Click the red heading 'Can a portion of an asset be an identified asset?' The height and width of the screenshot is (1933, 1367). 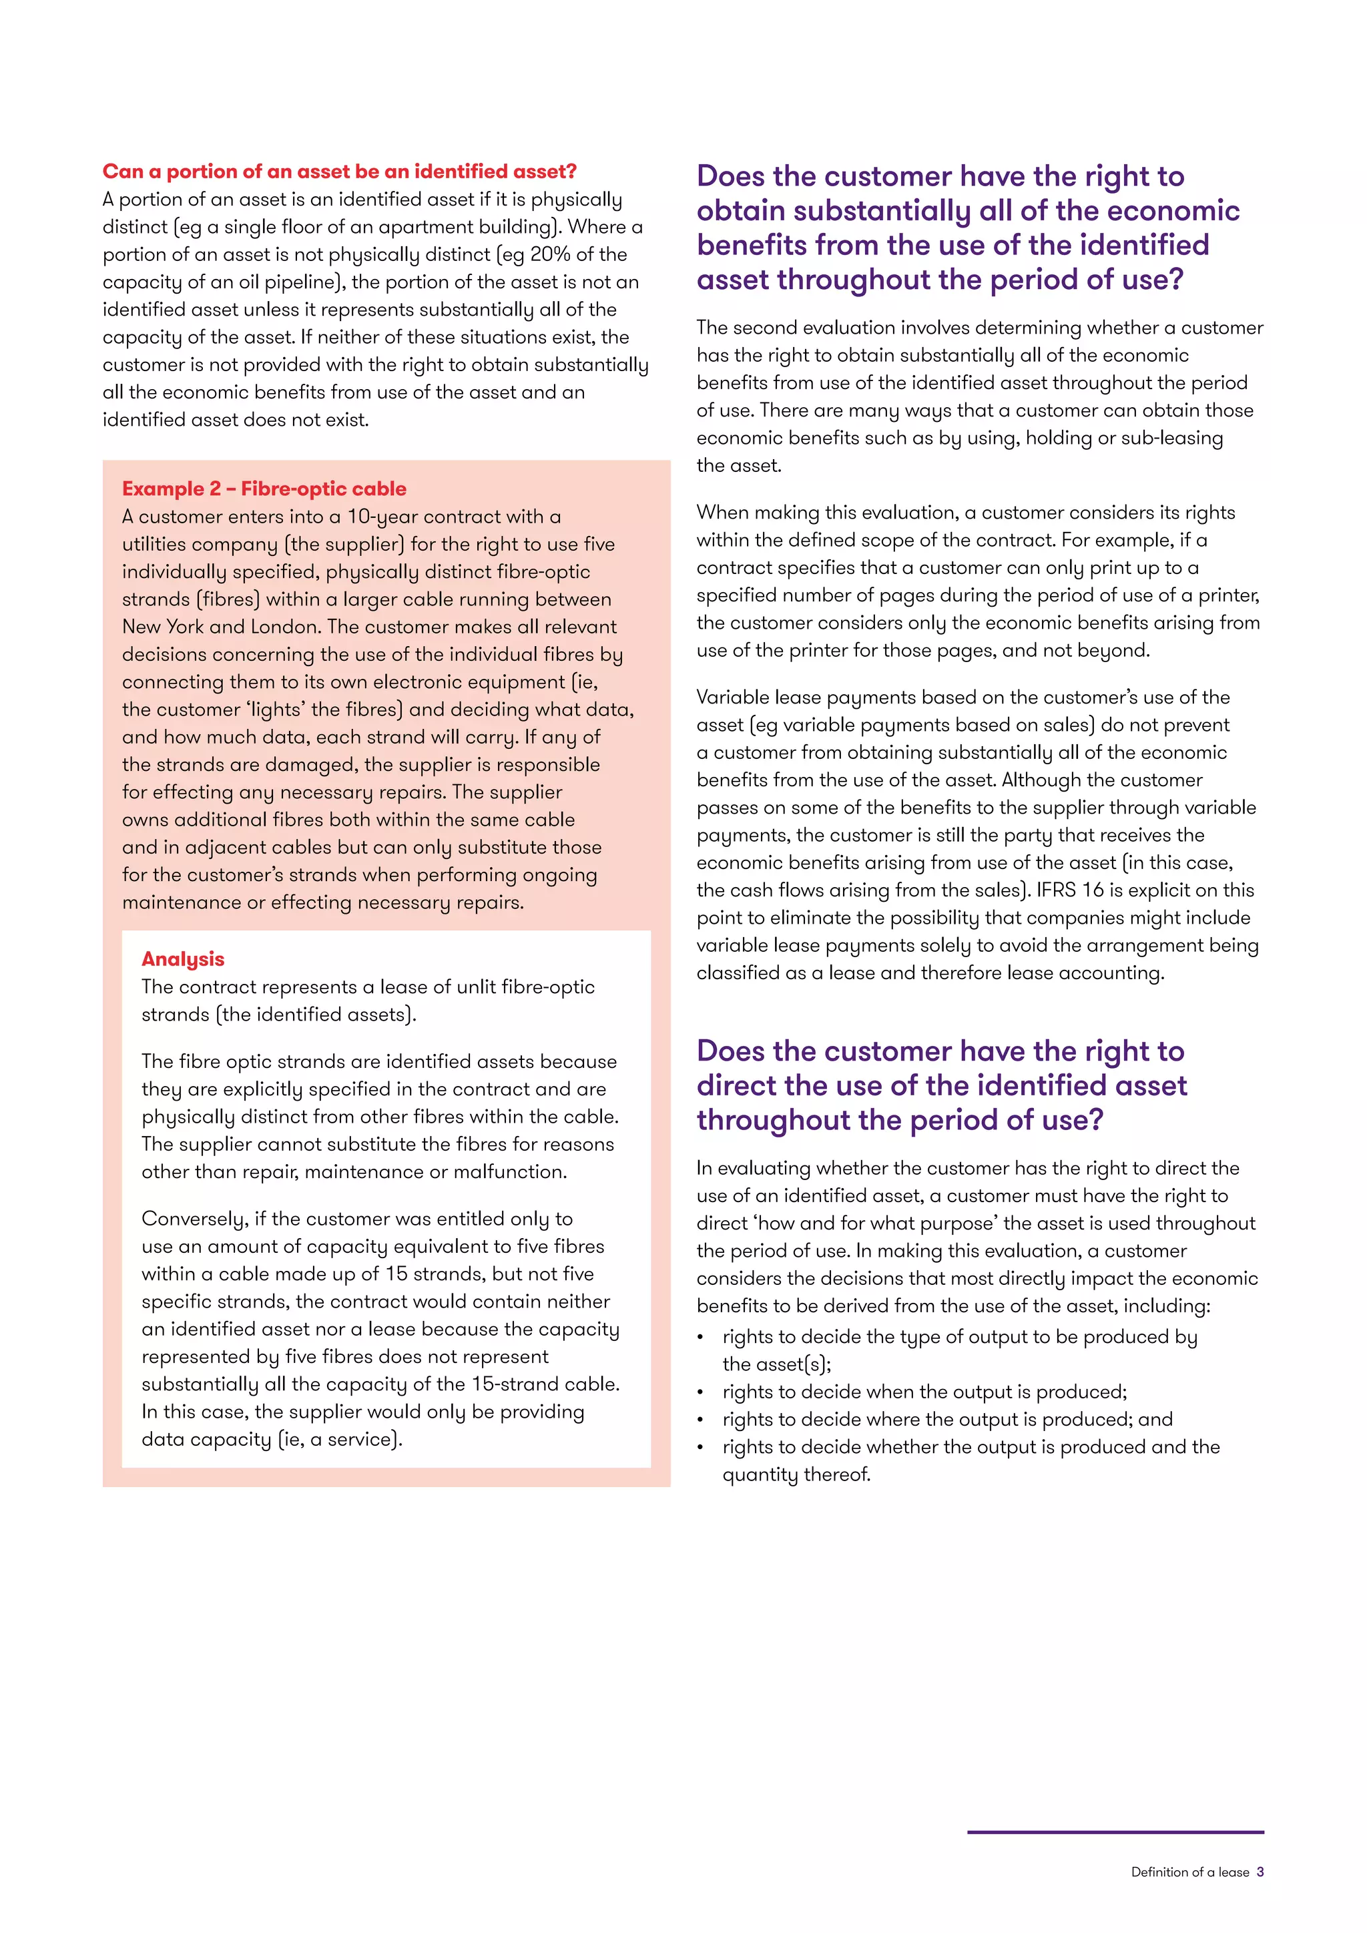(339, 172)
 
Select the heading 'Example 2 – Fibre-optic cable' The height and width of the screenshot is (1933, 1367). (264, 489)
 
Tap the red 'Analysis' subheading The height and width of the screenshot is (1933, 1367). (183, 959)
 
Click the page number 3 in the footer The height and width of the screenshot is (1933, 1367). (1260, 1872)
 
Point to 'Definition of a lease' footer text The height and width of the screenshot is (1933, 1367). (1189, 1872)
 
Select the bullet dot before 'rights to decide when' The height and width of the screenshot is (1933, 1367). (700, 1392)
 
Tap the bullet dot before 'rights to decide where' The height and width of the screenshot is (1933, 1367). (700, 1420)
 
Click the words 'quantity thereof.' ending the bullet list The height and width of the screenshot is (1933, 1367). (796, 1475)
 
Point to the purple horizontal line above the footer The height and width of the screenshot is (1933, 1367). (1115, 1832)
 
